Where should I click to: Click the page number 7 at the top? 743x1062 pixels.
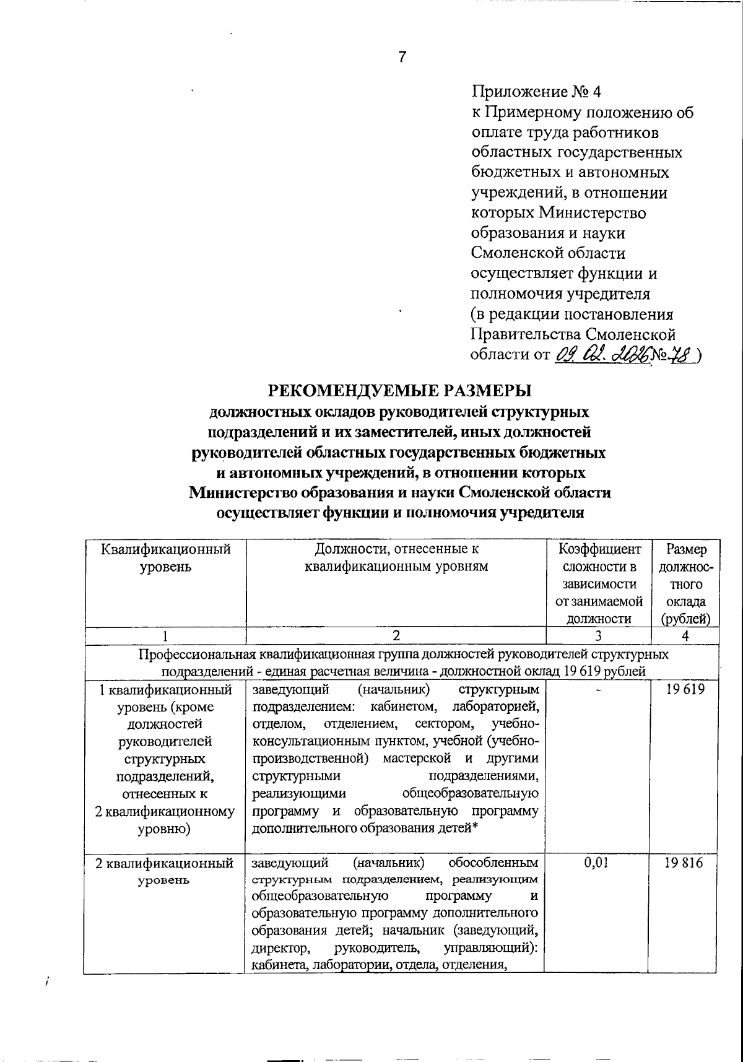point(402,58)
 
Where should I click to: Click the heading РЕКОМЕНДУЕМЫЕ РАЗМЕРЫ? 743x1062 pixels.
point(399,391)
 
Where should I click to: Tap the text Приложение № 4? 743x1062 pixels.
point(536,92)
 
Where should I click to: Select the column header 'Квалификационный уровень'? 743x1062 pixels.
point(165,558)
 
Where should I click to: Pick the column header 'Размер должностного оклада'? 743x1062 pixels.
point(685,583)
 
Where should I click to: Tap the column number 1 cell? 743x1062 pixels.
point(165,635)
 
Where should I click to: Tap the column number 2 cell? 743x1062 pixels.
point(396,635)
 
